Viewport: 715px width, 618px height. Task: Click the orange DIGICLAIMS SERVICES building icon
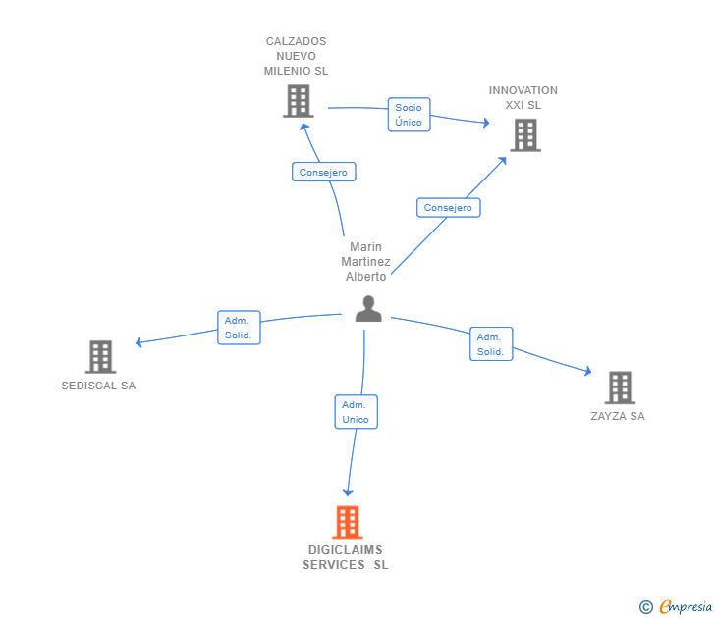tap(347, 522)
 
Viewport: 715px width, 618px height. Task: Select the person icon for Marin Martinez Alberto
tap(368, 309)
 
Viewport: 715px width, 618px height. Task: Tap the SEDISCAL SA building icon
tap(100, 356)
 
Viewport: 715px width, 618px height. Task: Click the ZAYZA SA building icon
tap(619, 387)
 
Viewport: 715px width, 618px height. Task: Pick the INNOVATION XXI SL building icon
tap(525, 134)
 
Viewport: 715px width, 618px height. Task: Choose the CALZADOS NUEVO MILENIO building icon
tap(298, 101)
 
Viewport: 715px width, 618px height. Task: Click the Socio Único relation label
tap(409, 115)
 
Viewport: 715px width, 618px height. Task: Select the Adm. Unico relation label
tap(356, 412)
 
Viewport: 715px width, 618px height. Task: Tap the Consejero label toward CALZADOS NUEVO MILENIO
tap(323, 172)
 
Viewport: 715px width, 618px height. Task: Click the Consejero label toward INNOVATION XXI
tap(448, 208)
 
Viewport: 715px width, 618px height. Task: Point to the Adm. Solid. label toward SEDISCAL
tap(238, 327)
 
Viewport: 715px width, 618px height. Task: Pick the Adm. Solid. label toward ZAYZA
tap(490, 343)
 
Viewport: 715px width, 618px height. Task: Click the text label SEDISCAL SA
tap(98, 386)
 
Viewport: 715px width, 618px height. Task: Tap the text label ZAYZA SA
tap(618, 416)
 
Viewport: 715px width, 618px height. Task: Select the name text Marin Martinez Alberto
tap(365, 261)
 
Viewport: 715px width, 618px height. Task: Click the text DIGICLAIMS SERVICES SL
tap(345, 557)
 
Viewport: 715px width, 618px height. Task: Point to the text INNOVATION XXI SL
tap(523, 97)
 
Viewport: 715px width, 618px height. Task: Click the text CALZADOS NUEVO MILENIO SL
tap(296, 56)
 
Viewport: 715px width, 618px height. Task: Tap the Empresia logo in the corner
tap(677, 607)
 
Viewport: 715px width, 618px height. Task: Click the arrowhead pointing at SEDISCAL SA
tap(138, 342)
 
